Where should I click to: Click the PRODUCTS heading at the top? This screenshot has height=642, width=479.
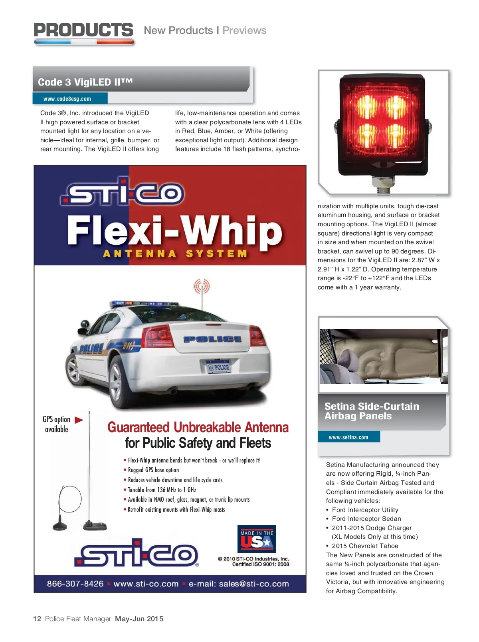pos(83,30)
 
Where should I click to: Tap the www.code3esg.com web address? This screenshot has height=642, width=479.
pos(67,99)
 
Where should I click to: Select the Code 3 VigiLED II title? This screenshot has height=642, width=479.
pos(85,82)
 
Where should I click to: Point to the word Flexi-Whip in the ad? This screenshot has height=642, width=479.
pos(174,231)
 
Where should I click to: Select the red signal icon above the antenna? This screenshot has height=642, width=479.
pos(202,286)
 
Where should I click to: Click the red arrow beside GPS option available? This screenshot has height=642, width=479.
pos(79,420)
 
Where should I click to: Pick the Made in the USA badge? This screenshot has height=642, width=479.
pos(256,539)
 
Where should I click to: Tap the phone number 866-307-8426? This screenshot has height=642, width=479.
pos(75,584)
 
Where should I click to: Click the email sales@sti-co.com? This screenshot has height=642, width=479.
pos(239,584)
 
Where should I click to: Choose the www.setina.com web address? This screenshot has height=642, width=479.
pos(348,437)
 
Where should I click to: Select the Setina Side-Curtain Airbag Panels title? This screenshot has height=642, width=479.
pos(372,411)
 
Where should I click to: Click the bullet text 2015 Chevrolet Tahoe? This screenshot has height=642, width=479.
pos(365,546)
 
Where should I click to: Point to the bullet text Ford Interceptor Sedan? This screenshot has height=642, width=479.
pos(366,519)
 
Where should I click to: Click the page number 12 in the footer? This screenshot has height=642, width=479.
pos(37,619)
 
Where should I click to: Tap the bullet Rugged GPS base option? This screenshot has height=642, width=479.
pos(153,470)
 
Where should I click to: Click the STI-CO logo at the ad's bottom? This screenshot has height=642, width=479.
pos(138,553)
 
